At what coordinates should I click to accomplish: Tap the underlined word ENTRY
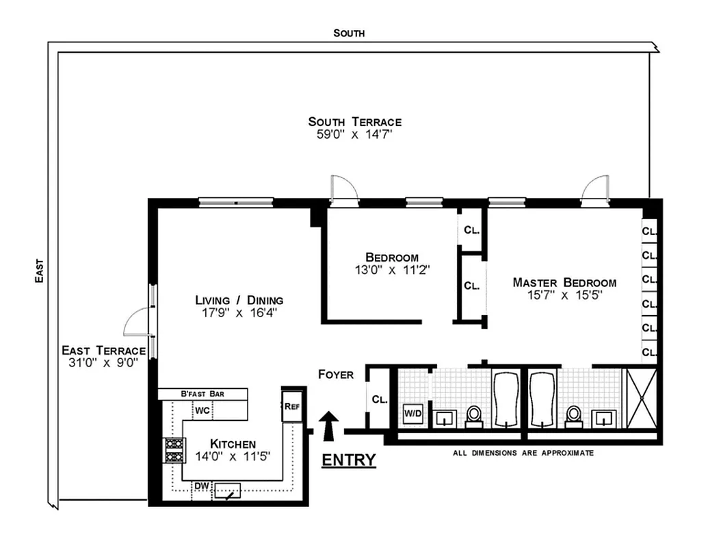click(349, 460)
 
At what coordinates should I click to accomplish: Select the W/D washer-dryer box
click(412, 413)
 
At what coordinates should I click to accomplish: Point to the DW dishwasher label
click(201, 486)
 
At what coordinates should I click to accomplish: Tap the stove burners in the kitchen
click(173, 450)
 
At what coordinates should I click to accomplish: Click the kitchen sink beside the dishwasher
click(227, 490)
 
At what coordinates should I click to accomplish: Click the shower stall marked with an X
click(641, 399)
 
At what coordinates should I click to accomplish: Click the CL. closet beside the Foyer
click(378, 399)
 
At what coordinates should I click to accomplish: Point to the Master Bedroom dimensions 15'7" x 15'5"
click(564, 296)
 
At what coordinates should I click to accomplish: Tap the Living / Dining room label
click(239, 300)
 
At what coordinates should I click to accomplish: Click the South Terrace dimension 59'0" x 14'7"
click(354, 135)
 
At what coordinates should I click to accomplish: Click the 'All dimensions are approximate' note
click(523, 453)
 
